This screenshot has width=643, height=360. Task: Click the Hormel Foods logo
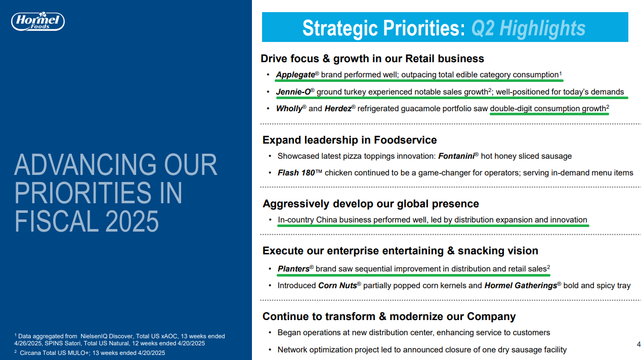pos(38,21)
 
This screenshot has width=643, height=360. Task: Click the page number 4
pos(638,344)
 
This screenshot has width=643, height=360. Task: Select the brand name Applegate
pos(295,75)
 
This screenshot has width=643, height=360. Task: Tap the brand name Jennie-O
pos(293,92)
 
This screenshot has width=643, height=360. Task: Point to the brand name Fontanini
pos(456,156)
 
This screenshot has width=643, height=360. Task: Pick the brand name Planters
pos(293,269)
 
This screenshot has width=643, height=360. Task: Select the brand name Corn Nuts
pos(337,285)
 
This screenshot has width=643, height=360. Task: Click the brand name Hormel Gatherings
pos(521,285)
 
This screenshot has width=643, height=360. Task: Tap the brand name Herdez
pos(338,108)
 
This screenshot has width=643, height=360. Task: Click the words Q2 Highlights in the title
pos(528,28)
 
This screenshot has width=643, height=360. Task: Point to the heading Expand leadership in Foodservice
pos(350,140)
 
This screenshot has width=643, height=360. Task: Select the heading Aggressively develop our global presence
pos(371,204)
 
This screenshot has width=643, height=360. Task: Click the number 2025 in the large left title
pos(132,221)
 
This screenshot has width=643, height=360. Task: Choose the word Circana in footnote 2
pos(30,353)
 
